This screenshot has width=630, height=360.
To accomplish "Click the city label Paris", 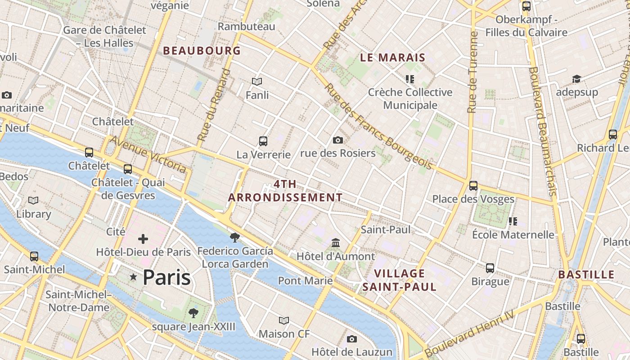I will [166, 278].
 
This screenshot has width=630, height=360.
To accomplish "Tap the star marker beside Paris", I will [133, 277].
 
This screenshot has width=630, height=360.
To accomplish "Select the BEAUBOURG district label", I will [202, 50].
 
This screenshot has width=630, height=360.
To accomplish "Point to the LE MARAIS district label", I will [393, 57].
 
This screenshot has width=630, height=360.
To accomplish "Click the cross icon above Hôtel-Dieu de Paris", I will [143, 239].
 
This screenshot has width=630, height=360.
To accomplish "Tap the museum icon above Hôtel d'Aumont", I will [336, 243].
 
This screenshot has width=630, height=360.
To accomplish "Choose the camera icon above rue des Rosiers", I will [338, 140].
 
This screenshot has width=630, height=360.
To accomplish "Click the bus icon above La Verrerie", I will [263, 141].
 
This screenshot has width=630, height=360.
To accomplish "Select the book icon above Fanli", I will [257, 82].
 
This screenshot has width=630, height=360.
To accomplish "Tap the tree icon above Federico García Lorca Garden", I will [234, 237].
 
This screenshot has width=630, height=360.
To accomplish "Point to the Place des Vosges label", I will [473, 199].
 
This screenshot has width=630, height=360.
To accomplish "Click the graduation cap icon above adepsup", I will [576, 79].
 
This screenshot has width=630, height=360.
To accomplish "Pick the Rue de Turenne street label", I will [472, 72].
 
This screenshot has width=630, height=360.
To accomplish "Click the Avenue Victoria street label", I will [148, 154].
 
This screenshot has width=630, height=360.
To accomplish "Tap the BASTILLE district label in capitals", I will [586, 274].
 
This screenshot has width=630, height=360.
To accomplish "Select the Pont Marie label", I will [305, 281].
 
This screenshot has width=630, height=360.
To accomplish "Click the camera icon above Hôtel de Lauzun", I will [352, 339].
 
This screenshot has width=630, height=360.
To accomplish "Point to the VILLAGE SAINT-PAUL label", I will [399, 280].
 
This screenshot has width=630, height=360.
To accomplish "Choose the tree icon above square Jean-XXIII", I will [193, 313].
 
